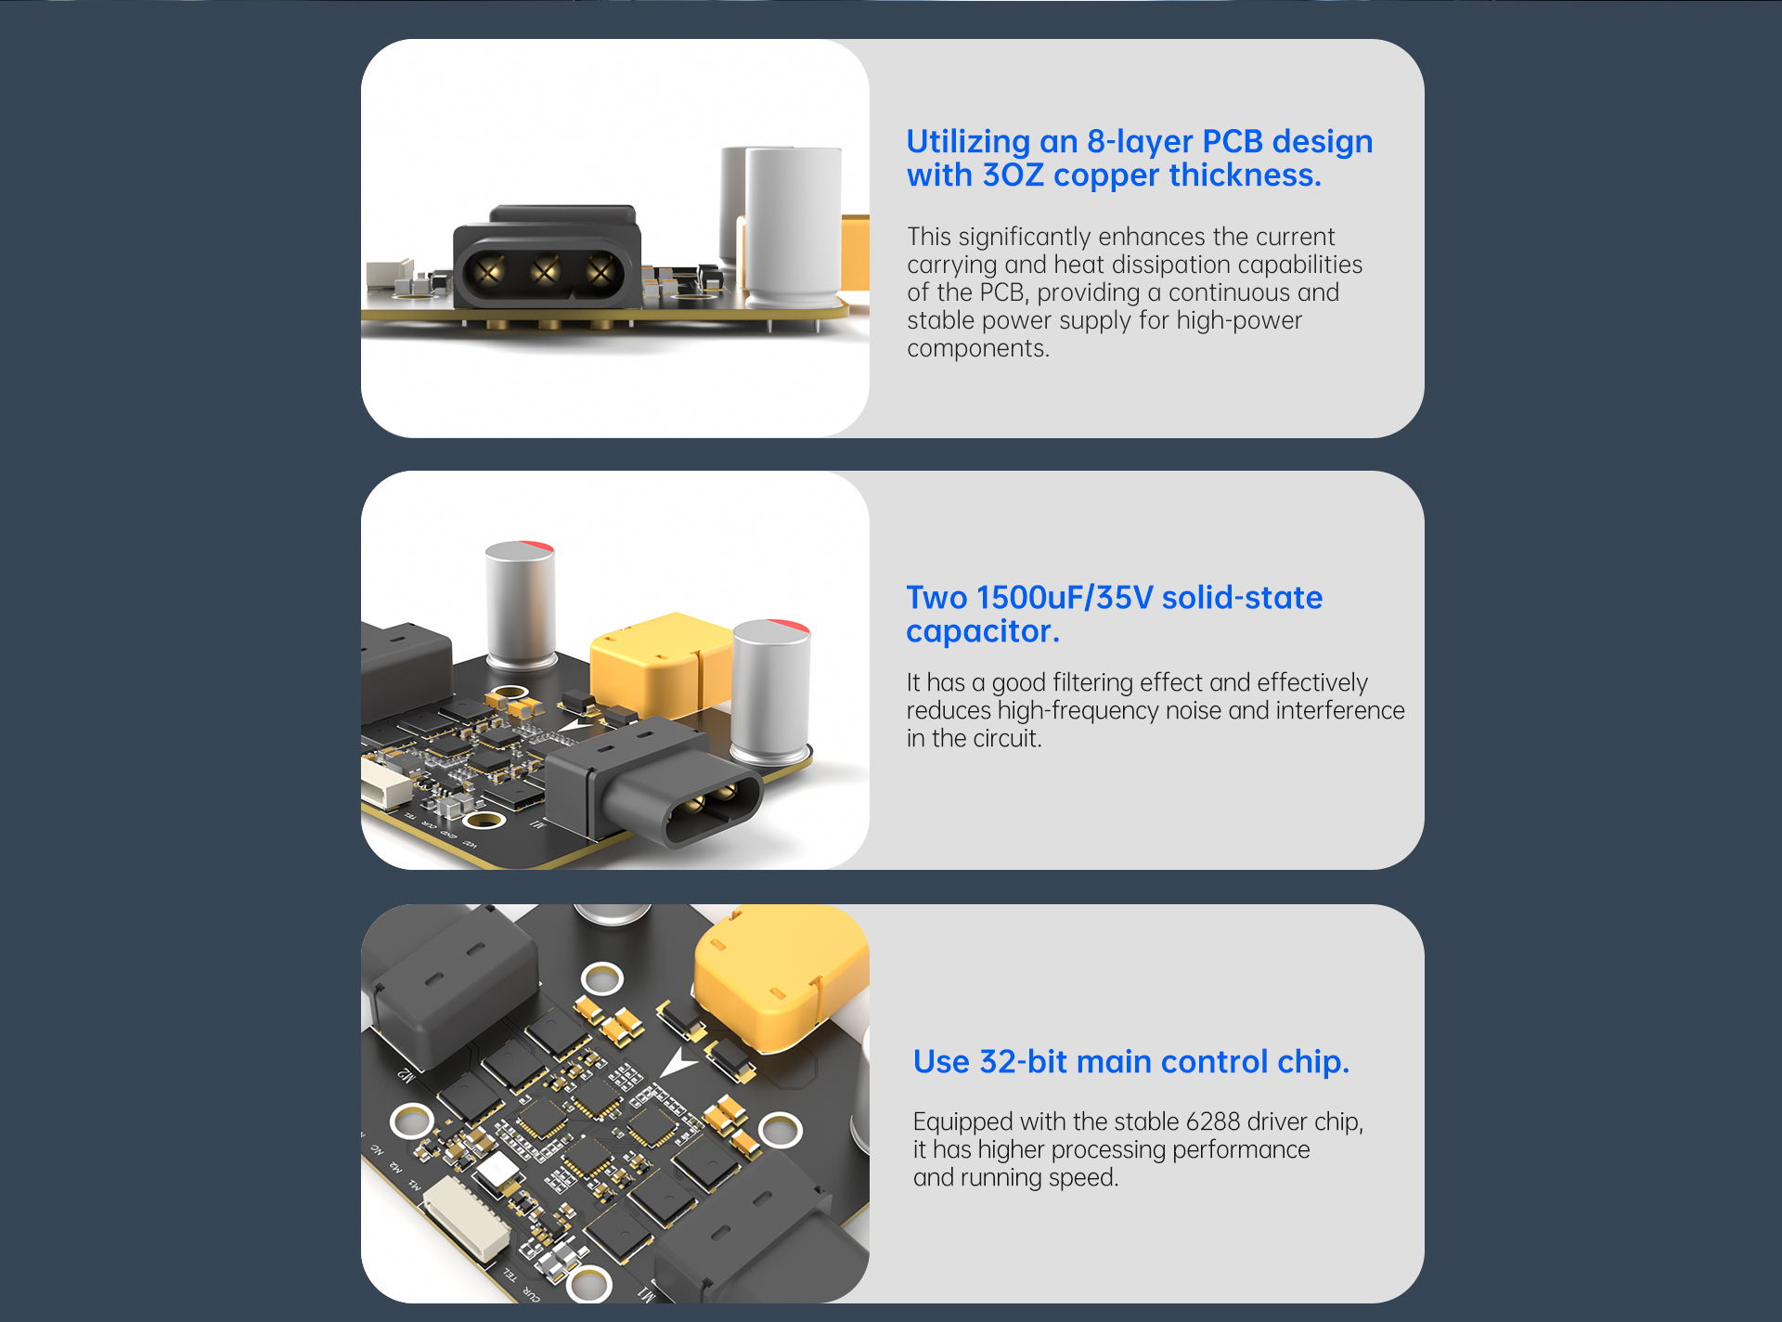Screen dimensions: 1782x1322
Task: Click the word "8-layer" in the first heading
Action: coord(1139,142)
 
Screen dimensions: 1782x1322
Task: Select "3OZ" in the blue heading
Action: coord(1013,175)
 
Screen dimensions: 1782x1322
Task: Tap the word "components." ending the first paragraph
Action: coord(978,349)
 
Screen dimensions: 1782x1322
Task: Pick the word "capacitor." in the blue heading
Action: coord(983,631)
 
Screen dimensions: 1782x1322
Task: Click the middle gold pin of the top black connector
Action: coord(545,271)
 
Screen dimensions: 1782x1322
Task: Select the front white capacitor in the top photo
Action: coord(794,227)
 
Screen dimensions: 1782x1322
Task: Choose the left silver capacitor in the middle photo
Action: coord(521,604)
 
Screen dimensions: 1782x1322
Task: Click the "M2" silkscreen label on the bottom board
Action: coord(406,1075)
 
